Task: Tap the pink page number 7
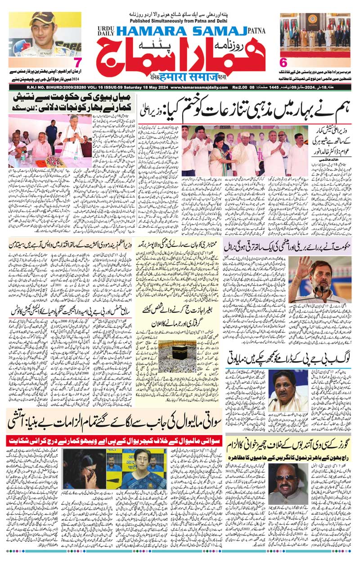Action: click(x=78, y=62)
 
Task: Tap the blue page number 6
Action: click(x=284, y=62)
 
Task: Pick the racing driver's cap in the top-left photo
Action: click(x=43, y=18)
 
